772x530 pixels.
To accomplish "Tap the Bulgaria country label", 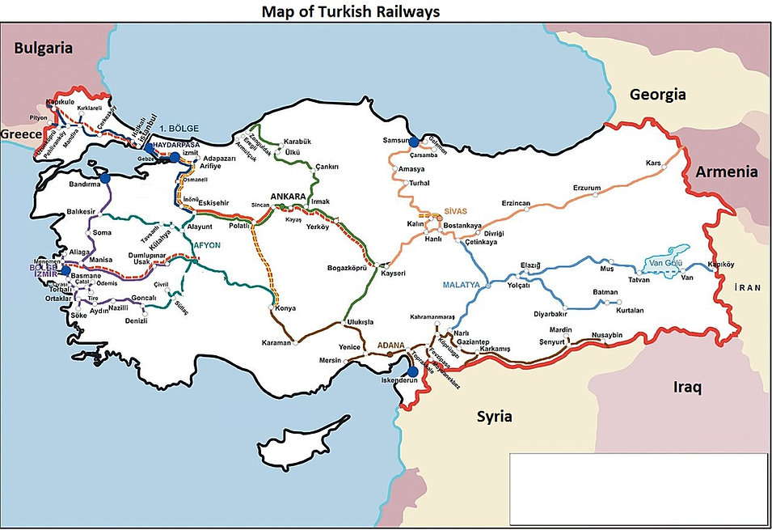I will (43, 49).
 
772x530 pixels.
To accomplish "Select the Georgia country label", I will (657, 95).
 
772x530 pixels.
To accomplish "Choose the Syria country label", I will (494, 417).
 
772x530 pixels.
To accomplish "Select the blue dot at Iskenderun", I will (412, 372).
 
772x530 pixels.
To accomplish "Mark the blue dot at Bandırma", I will (104, 177).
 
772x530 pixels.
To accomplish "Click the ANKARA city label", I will (289, 197).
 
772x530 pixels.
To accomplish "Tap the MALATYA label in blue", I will (462, 286).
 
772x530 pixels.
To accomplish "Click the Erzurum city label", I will (587, 188).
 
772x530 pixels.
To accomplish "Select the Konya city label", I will (285, 308).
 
